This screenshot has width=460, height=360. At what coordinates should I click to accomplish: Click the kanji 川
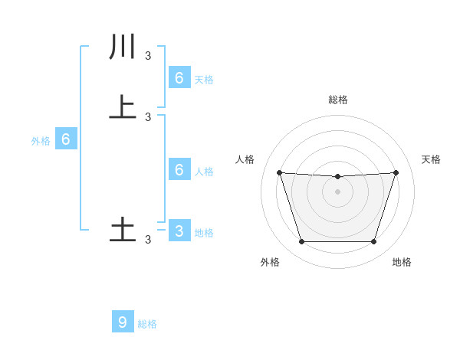point(123,47)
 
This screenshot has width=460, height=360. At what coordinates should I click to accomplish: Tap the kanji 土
point(123,231)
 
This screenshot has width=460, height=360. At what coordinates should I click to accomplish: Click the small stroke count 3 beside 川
point(148,55)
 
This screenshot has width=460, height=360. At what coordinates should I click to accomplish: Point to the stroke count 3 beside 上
point(148,116)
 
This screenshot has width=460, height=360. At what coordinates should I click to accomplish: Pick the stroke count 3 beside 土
point(148,239)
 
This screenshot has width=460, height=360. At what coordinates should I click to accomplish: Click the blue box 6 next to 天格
point(179,78)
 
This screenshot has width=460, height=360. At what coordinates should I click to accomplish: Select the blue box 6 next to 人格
point(179,170)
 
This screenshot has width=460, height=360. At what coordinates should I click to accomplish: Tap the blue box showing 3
point(179,231)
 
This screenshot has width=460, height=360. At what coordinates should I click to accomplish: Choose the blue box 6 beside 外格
point(66,139)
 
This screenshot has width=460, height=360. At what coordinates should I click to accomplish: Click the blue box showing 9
point(123,322)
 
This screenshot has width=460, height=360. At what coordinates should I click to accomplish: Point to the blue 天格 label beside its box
point(204,80)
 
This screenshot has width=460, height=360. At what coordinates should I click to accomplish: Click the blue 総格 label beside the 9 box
point(147,324)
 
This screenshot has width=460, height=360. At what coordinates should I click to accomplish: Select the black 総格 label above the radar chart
point(337,100)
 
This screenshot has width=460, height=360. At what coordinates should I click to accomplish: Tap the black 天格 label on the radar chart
point(432,159)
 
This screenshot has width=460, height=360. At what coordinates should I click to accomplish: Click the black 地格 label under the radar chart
point(402,262)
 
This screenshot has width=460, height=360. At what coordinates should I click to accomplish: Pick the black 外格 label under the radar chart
point(270,262)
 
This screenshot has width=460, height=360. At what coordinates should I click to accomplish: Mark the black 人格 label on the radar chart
point(245,159)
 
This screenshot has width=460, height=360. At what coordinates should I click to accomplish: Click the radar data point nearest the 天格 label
point(396,173)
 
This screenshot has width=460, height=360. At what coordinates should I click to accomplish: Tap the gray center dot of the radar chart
point(337,191)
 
